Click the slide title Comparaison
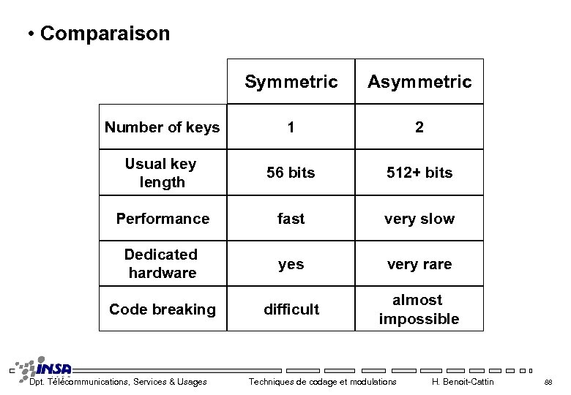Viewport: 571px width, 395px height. (105, 34)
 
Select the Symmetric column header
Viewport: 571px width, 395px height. (291, 82)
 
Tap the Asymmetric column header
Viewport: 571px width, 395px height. (419, 82)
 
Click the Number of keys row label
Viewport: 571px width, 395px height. (162, 127)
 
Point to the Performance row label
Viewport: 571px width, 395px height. (163, 219)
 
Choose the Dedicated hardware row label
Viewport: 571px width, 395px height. (162, 263)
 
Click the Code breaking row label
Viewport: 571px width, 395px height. (163, 309)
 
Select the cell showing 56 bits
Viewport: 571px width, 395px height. (291, 173)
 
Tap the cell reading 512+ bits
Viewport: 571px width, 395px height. (419, 173)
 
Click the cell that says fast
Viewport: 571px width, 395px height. (291, 219)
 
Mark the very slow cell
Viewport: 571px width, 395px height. (419, 219)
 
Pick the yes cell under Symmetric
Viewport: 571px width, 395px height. (291, 264)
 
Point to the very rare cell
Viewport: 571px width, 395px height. (419, 264)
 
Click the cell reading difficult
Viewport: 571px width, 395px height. (291, 309)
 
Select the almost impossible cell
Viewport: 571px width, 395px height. (419, 309)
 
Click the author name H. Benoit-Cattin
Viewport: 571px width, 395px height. (463, 382)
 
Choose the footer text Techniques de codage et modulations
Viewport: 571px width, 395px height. (322, 382)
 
